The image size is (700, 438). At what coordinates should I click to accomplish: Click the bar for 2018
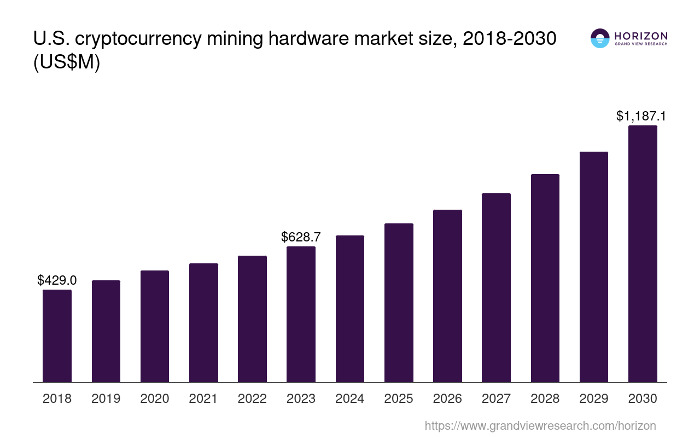point(57,336)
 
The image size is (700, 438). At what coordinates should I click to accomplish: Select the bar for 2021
point(203,322)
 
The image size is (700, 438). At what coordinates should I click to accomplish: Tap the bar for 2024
point(350,309)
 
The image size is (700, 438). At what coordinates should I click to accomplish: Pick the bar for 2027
point(496,287)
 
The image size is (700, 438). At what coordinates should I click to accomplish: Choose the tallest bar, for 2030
point(643,253)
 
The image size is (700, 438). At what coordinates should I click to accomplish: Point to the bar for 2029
point(594,267)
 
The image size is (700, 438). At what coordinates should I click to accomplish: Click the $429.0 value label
point(57,280)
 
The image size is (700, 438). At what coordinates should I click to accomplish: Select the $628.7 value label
point(301,237)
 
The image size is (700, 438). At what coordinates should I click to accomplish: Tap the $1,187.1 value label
point(640,116)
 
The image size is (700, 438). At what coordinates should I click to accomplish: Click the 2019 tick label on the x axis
point(106,399)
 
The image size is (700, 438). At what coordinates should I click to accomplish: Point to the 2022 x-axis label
point(252,399)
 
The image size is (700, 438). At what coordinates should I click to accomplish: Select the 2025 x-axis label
point(399,399)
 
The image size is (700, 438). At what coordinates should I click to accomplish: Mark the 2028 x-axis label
point(545,399)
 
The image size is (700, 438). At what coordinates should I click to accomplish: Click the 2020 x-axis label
point(155,399)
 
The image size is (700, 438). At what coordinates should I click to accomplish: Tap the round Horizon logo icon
point(600,38)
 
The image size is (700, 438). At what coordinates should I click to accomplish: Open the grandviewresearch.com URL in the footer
point(540,425)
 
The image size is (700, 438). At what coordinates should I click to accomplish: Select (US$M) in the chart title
point(67,62)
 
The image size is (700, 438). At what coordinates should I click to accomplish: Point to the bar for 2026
point(447,296)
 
